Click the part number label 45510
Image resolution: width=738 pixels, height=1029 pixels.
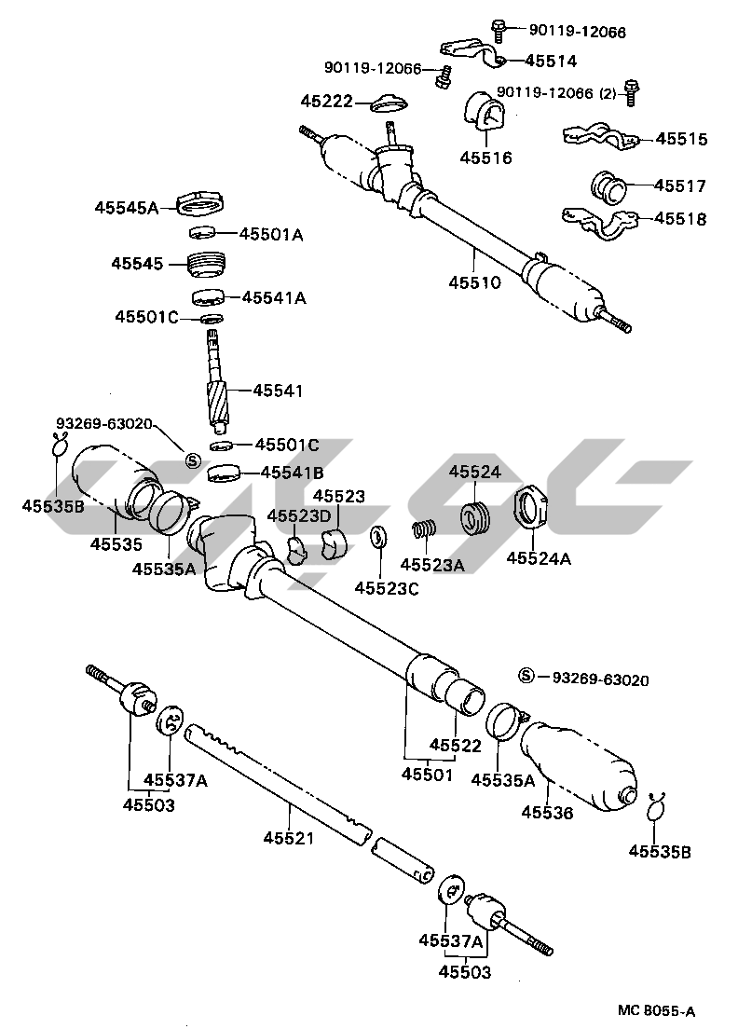click(474, 282)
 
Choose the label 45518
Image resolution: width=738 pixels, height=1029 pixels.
click(680, 220)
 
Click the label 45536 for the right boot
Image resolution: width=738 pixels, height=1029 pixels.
click(547, 813)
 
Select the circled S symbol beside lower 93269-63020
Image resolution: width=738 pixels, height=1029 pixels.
click(527, 676)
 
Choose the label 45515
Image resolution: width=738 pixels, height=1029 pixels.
click(681, 140)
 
